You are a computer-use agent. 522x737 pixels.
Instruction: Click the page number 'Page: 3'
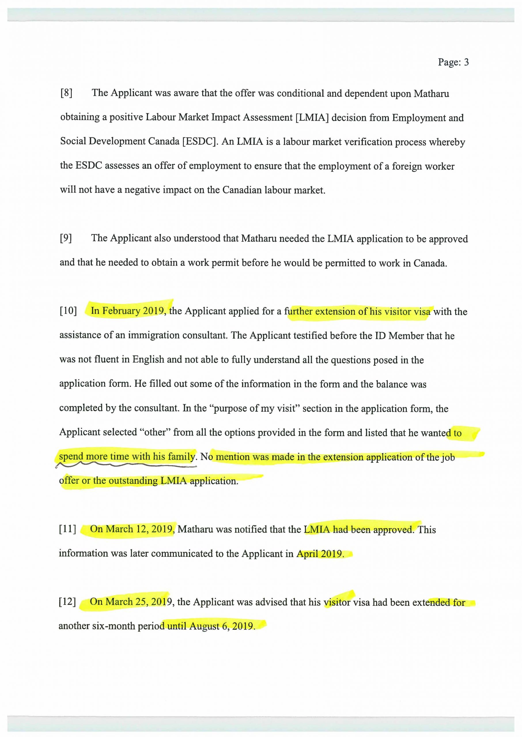(x=453, y=62)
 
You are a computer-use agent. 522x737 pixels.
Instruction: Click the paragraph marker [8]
(x=66, y=93)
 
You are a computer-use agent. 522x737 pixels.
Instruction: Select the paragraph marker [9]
(x=66, y=238)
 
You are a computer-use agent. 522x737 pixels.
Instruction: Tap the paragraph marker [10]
(x=68, y=311)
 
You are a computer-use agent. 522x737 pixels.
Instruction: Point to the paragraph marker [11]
(x=67, y=529)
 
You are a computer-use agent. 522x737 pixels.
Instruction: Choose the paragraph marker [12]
(x=67, y=601)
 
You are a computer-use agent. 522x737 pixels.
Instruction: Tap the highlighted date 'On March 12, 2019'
(x=132, y=529)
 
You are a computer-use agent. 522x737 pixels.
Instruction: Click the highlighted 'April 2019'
(x=320, y=554)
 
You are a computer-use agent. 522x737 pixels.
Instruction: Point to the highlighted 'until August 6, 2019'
(x=211, y=626)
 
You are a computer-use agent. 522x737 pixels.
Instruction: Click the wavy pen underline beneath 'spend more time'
(x=125, y=464)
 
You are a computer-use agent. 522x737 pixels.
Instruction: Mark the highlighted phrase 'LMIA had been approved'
(x=358, y=529)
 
